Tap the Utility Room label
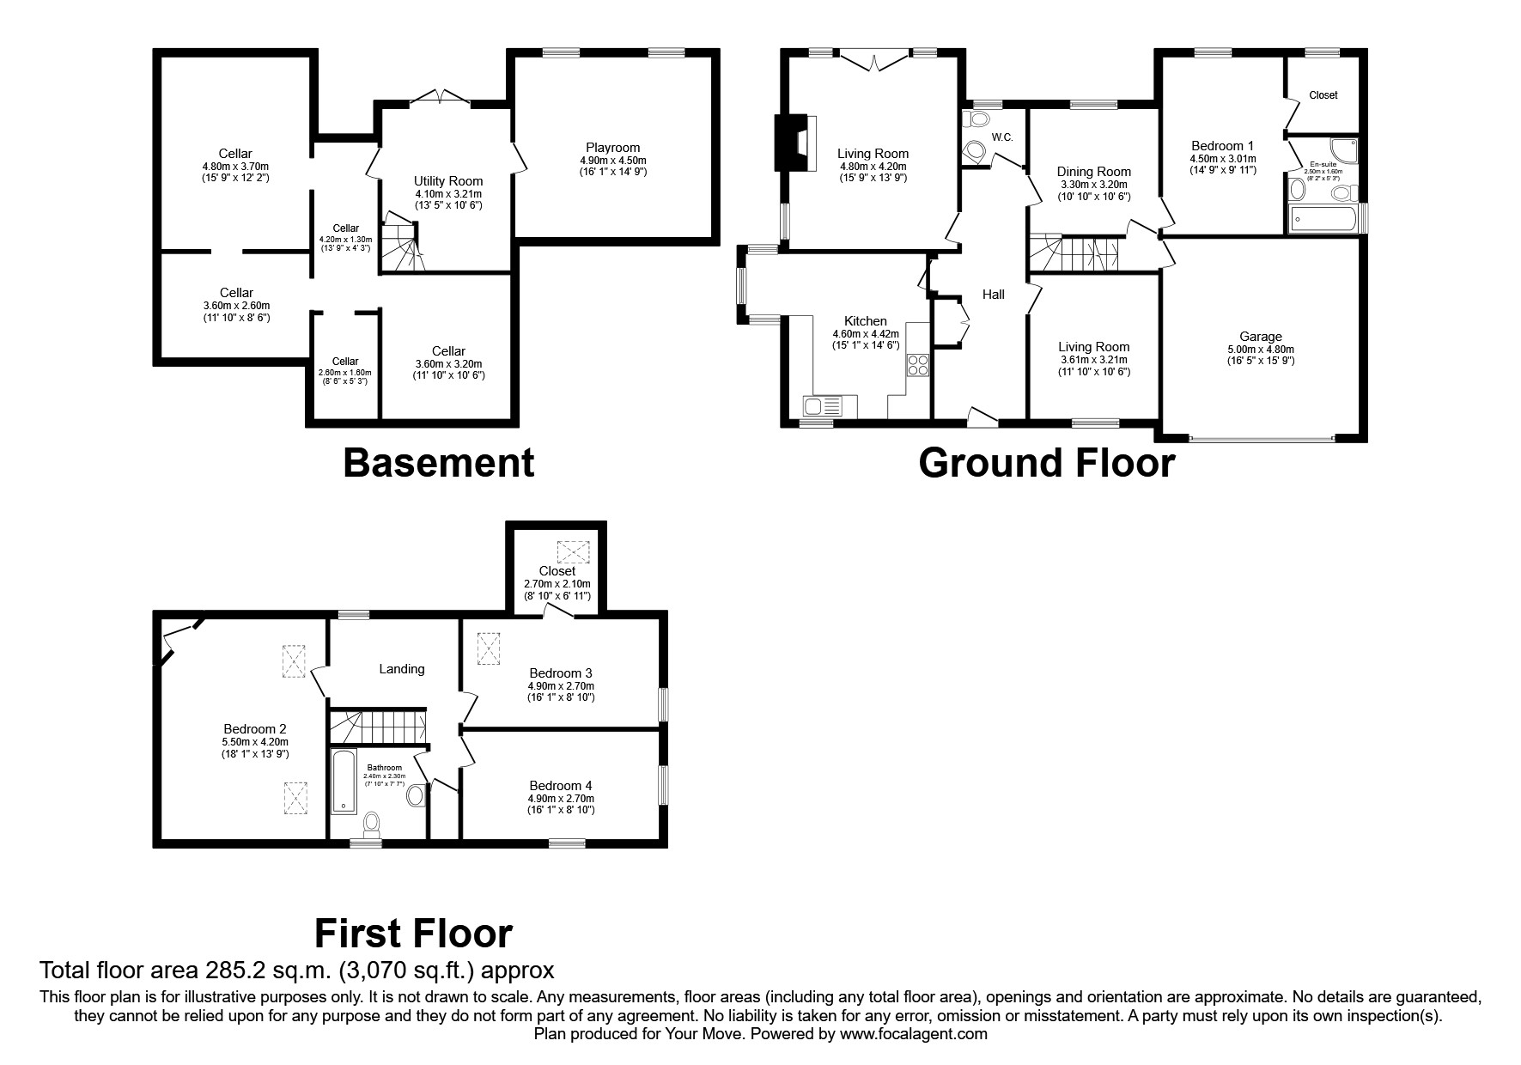coord(448,181)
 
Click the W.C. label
coord(1002,137)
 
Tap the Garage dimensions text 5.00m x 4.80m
coord(1260,350)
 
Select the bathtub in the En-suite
coord(1323,219)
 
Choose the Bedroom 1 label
coord(1222,146)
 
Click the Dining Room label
coord(1093,172)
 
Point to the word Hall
coord(994,295)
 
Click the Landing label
coord(402,669)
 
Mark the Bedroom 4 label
coord(561,786)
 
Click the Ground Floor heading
coord(1046,464)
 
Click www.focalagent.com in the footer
coord(913,1034)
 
